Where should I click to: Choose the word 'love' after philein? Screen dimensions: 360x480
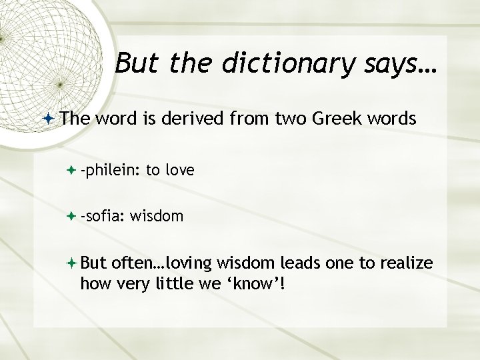click(179, 171)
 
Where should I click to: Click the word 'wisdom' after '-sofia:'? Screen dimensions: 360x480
click(157, 216)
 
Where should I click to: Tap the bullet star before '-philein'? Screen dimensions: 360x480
click(71, 171)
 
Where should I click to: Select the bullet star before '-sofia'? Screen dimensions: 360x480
click(71, 217)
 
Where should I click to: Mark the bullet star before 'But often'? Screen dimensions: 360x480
click(71, 265)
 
